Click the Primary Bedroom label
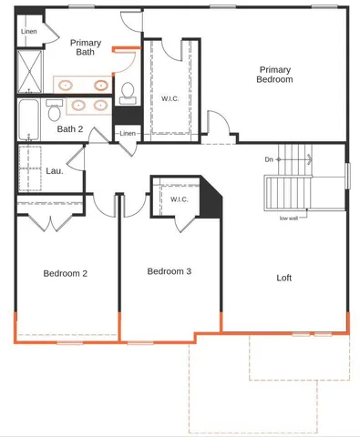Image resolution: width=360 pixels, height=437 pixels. click(275, 75)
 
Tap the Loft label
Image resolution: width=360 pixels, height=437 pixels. click(283, 278)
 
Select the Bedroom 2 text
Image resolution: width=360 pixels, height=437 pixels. click(66, 273)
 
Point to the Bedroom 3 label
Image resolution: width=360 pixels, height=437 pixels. click(170, 271)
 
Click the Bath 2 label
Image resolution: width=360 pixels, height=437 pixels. click(70, 129)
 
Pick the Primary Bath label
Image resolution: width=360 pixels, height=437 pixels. click(86, 47)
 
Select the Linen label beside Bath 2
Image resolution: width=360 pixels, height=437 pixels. click(127, 135)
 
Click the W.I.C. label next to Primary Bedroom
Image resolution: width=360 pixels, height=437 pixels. click(169, 98)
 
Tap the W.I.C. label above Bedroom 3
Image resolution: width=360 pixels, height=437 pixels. click(178, 199)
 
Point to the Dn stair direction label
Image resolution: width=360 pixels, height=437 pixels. click(269, 159)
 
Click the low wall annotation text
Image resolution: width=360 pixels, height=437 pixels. click(291, 218)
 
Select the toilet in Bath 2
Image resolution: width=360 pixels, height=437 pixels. click(54, 110)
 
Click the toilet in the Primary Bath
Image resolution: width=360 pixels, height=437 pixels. click(128, 90)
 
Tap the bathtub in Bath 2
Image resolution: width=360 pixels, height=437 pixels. click(27, 119)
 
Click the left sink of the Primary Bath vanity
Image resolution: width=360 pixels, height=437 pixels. click(67, 86)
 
